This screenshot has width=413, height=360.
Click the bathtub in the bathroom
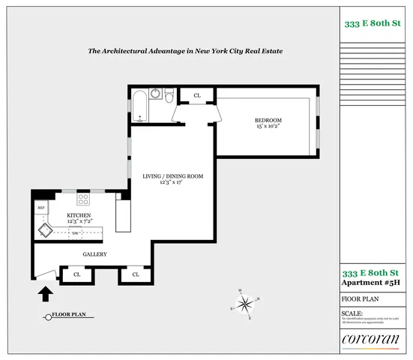pos(140,106)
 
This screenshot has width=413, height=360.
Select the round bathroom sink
pos(155,94)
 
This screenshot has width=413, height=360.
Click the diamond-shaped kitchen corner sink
pos(45,228)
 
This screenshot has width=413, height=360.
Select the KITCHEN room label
pos(79,215)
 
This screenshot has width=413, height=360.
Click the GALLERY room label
pos(94,254)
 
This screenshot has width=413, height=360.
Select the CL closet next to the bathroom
pos(197,95)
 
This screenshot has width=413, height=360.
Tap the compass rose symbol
pos(244,303)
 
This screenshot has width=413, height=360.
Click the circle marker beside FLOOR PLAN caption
pos(48,316)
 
